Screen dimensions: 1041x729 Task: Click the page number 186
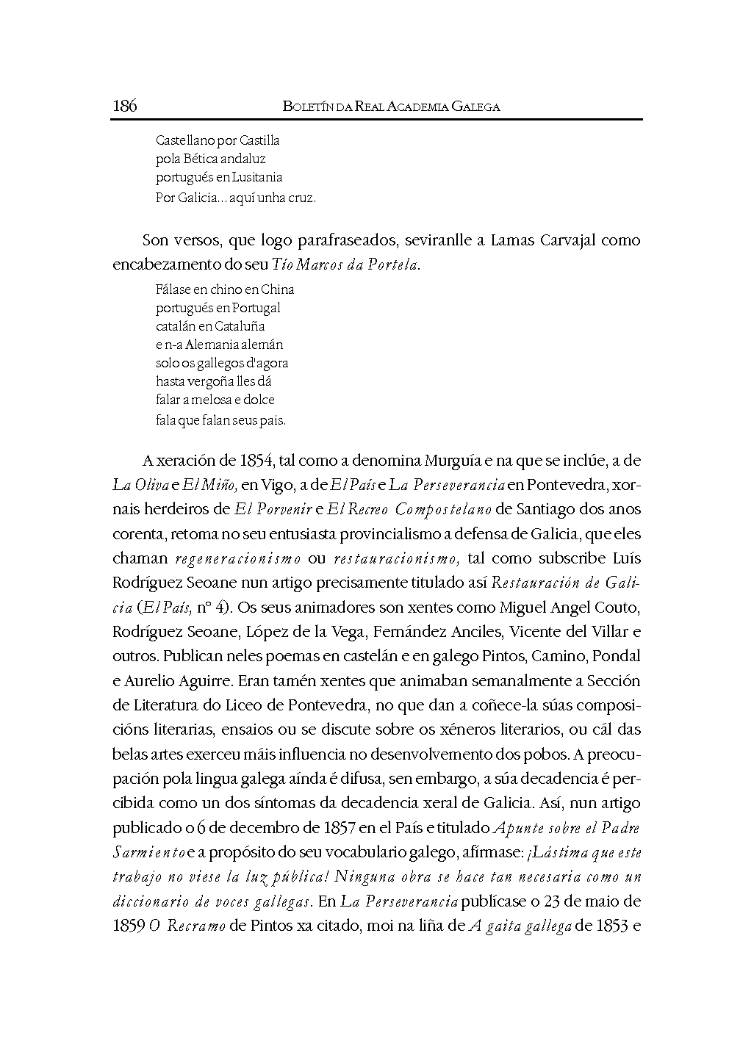(125, 107)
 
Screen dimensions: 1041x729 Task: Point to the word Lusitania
(257, 177)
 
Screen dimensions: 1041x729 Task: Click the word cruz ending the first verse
(303, 198)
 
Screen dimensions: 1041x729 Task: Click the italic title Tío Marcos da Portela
(345, 265)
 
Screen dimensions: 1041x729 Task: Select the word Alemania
(215, 345)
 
